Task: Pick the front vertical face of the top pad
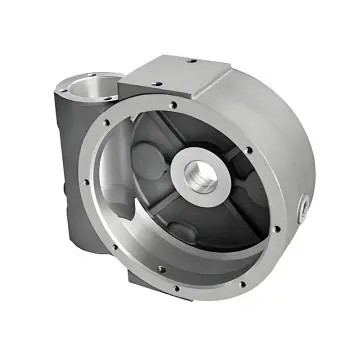coord(170,86)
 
